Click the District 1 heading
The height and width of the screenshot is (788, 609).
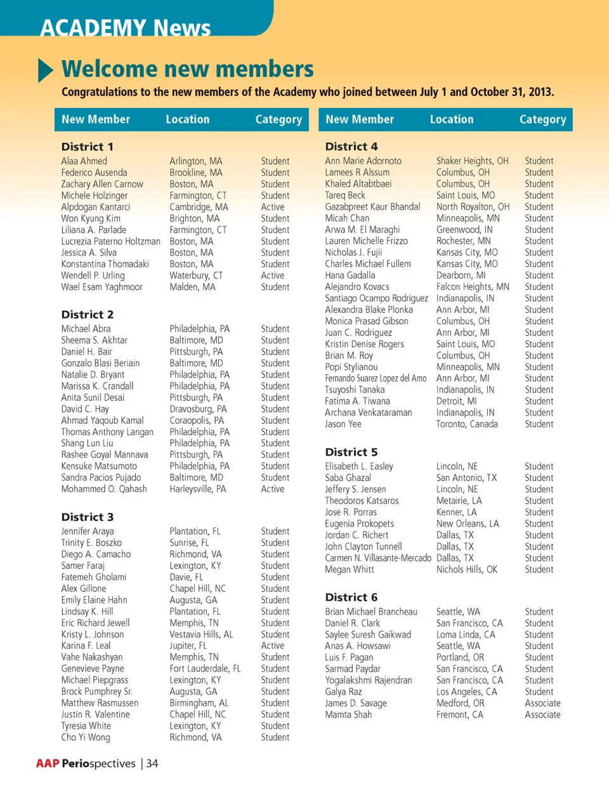(x=88, y=147)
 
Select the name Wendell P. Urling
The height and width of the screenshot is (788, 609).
(x=93, y=275)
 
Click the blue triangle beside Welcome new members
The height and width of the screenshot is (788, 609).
(x=45, y=70)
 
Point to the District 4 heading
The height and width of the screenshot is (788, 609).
(x=351, y=147)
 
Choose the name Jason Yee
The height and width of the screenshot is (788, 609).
(x=343, y=424)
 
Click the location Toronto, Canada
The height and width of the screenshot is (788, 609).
(x=467, y=424)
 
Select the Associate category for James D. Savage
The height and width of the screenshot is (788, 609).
(x=542, y=703)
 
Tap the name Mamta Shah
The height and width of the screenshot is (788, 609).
(x=348, y=714)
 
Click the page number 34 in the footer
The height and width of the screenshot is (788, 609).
(x=152, y=763)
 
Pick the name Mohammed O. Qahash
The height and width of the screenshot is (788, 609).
(x=104, y=489)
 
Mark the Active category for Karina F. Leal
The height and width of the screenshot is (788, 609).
(x=273, y=645)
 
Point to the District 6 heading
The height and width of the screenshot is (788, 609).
(x=351, y=597)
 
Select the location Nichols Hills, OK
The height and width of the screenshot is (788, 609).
(x=467, y=569)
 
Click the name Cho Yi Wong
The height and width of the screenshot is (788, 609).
(x=86, y=737)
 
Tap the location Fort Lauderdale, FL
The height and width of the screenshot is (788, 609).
(x=205, y=668)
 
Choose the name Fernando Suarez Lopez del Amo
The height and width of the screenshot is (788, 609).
(x=376, y=378)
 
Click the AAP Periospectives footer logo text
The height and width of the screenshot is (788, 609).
(x=86, y=763)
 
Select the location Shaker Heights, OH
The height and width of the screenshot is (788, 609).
(x=473, y=161)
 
